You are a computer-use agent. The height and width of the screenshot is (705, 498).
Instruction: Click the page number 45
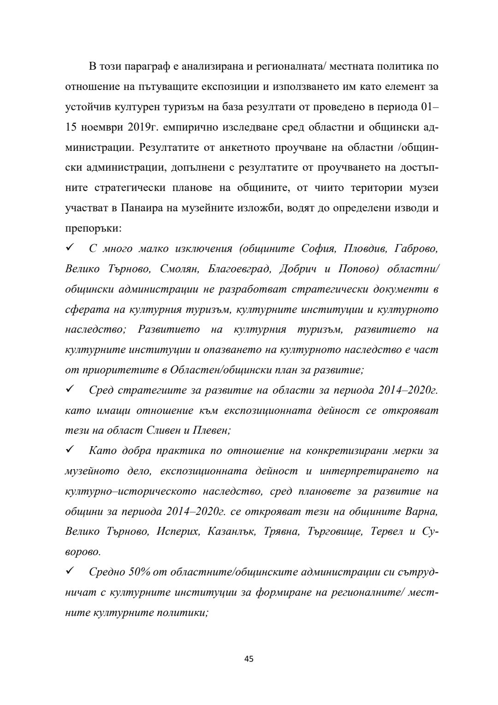(249, 658)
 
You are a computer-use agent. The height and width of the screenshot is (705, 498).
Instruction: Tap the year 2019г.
(140, 127)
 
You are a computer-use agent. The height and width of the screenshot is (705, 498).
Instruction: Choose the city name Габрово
(416, 249)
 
